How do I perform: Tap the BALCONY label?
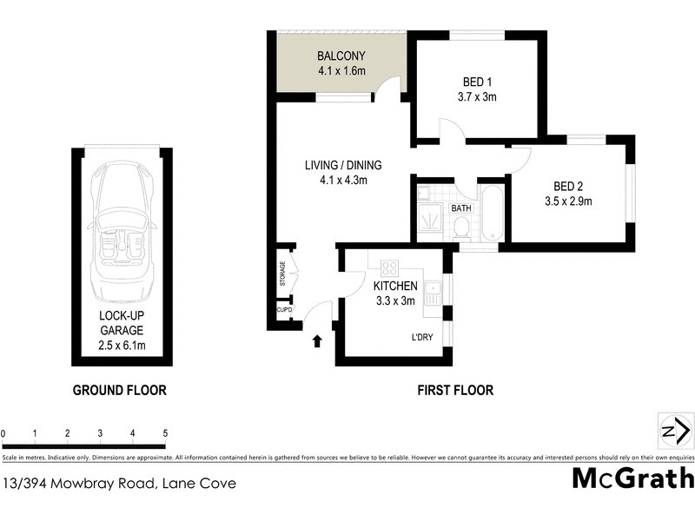pyautogui.click(x=339, y=55)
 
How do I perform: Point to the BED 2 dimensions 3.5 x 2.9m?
pyautogui.click(x=569, y=201)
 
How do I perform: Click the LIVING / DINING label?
pyautogui.click(x=342, y=165)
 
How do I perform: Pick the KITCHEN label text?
pyautogui.click(x=395, y=286)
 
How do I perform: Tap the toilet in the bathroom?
pyautogui.click(x=461, y=228)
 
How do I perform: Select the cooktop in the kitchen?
pyautogui.click(x=387, y=267)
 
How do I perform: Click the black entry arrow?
pyautogui.click(x=316, y=341)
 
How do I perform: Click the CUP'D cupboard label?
pyautogui.click(x=283, y=310)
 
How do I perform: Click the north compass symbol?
pyautogui.click(x=675, y=432)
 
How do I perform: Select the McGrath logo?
pyautogui.click(x=632, y=478)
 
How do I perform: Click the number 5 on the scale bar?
pyautogui.click(x=165, y=432)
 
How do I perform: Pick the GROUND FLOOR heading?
pyautogui.click(x=119, y=391)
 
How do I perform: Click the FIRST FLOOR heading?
pyautogui.click(x=453, y=391)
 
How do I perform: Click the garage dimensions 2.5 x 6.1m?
pyautogui.click(x=121, y=346)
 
